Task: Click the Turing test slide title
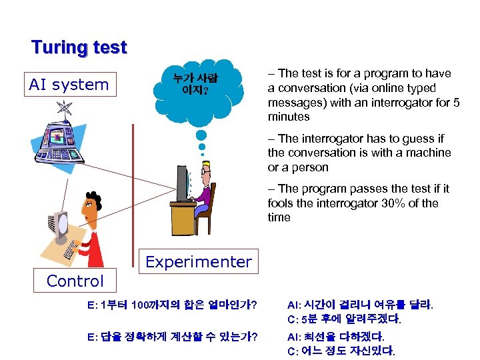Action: coord(79,48)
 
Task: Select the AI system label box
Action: coord(69,85)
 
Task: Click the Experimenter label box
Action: coord(199,262)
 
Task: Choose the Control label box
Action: coord(75,281)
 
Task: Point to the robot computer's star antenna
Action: coord(65,109)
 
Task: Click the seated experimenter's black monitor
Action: coord(181,183)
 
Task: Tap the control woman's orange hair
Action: coord(89,201)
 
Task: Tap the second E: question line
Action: coord(173,337)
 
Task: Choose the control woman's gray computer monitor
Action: coord(59,227)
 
